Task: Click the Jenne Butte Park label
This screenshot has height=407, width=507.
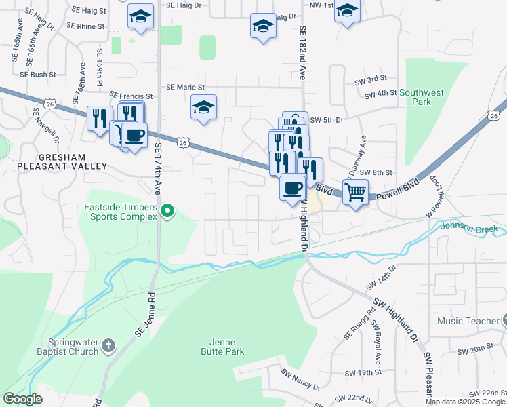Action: coord(222,347)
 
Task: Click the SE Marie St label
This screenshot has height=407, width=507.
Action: coord(190,87)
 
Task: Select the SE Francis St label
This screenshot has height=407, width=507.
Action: coord(131,96)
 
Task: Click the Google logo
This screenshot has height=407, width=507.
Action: coord(22,398)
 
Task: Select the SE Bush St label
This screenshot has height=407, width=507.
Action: coord(38,74)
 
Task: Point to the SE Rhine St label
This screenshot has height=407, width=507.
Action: coord(86,26)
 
